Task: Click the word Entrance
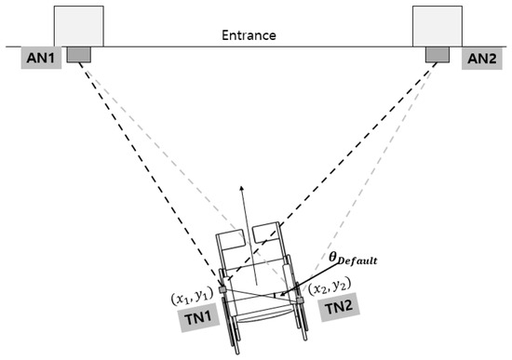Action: click(x=249, y=35)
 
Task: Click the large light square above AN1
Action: click(x=78, y=26)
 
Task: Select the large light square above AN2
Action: click(x=438, y=26)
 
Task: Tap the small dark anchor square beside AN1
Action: click(x=78, y=55)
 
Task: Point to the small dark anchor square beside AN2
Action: click(x=438, y=55)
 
